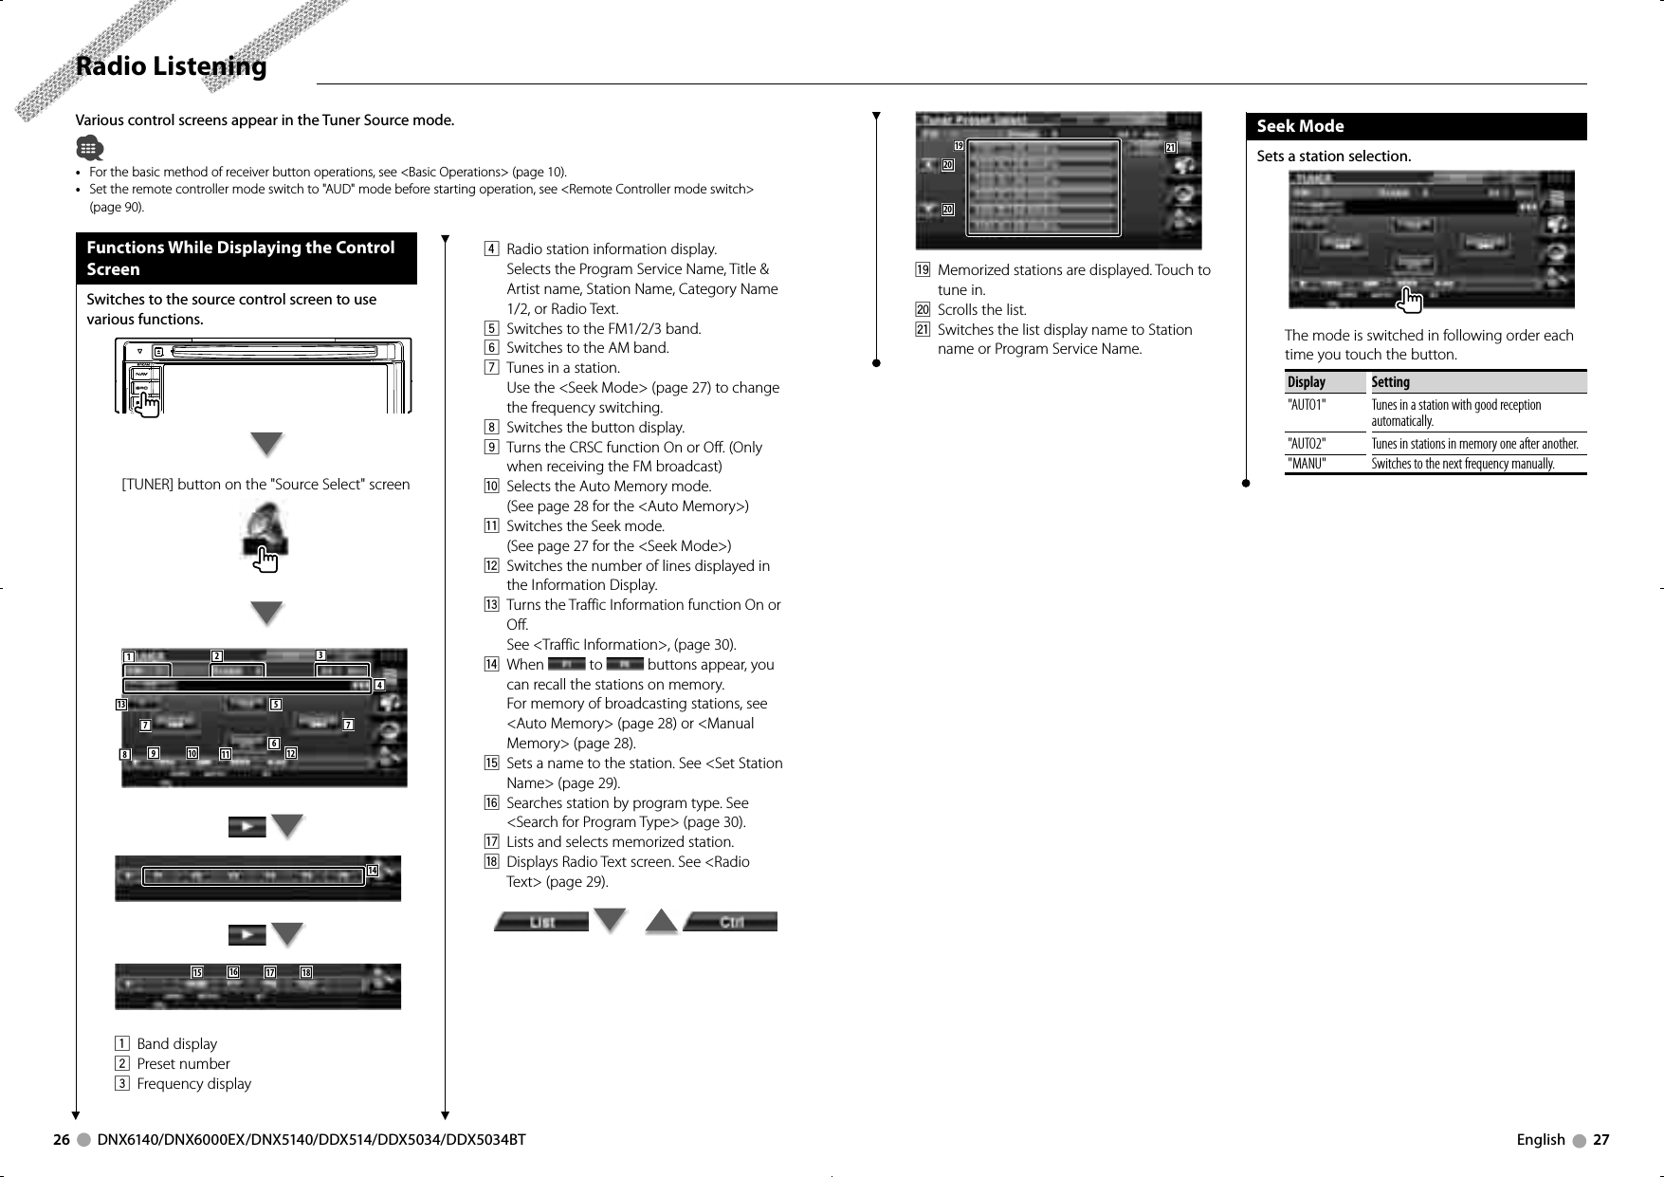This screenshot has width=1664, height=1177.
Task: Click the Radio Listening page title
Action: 172,66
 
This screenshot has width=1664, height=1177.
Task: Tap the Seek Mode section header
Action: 1300,126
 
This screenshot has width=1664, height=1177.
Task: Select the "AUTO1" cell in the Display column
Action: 1307,405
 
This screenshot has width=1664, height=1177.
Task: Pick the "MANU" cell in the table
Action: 1307,464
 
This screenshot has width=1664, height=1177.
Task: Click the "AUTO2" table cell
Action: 1307,444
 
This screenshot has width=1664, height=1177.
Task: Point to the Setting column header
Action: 1390,382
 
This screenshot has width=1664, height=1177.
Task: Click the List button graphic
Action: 541,922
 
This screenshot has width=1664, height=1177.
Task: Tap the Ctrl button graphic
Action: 730,922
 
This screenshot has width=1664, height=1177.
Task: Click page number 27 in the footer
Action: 1600,1140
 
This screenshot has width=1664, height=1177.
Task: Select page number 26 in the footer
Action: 62,1140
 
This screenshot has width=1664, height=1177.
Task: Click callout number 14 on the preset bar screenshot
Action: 372,871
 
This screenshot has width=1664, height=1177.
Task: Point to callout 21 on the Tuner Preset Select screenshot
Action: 1171,147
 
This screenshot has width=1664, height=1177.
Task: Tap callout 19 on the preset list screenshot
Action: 959,146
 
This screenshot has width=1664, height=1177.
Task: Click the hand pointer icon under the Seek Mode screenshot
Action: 1411,301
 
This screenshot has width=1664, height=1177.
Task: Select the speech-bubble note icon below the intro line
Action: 89,148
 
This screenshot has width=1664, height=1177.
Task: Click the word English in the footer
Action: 1541,1140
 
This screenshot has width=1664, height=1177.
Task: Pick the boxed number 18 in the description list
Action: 491,862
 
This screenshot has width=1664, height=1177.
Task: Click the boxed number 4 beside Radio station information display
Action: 491,249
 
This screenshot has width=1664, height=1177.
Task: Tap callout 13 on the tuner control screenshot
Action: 121,705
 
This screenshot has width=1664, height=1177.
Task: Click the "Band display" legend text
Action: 176,1044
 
